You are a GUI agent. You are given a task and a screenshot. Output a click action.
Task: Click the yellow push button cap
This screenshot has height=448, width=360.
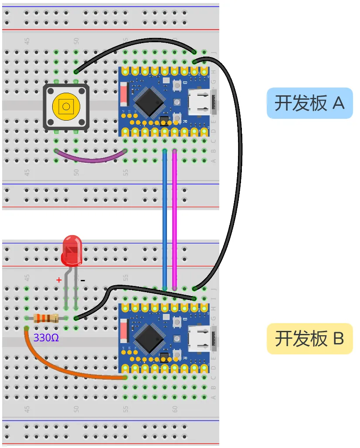(x=66, y=106)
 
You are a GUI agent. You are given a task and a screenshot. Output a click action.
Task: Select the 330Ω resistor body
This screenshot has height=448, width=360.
(x=46, y=318)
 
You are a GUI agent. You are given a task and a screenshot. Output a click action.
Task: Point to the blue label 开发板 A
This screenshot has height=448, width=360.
(x=309, y=103)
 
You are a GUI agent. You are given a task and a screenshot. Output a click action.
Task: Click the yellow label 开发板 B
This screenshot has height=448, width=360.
(x=309, y=338)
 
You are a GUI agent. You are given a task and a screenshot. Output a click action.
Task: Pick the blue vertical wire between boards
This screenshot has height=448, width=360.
(x=165, y=218)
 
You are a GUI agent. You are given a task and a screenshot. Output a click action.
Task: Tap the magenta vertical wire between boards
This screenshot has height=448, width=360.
(x=174, y=218)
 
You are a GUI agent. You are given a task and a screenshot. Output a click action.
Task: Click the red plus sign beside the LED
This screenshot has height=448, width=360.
(x=59, y=280)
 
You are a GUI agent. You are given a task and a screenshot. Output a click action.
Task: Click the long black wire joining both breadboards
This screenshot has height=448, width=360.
(x=239, y=174)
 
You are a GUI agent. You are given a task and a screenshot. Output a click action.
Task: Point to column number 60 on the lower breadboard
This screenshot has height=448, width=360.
(x=174, y=409)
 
